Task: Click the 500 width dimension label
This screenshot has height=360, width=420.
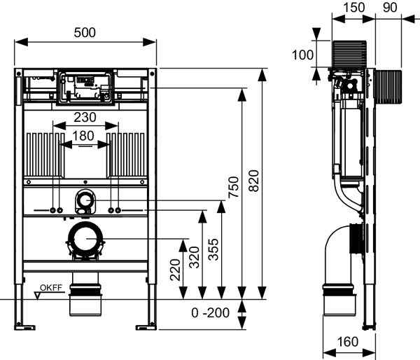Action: click(85, 33)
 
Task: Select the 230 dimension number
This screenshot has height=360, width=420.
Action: click(85, 118)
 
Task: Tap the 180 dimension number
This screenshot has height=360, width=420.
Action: click(83, 136)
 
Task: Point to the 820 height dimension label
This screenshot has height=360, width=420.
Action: click(253, 181)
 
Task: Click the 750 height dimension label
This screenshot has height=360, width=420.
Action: click(233, 187)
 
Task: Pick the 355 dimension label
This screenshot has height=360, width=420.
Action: click(213, 249)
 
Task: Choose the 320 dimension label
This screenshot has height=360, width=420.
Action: click(195, 257)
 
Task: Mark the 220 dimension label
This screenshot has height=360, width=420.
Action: click(176, 270)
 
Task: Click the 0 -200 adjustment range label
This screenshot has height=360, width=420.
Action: click(211, 313)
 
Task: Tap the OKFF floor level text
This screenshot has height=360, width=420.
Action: click(51, 288)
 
